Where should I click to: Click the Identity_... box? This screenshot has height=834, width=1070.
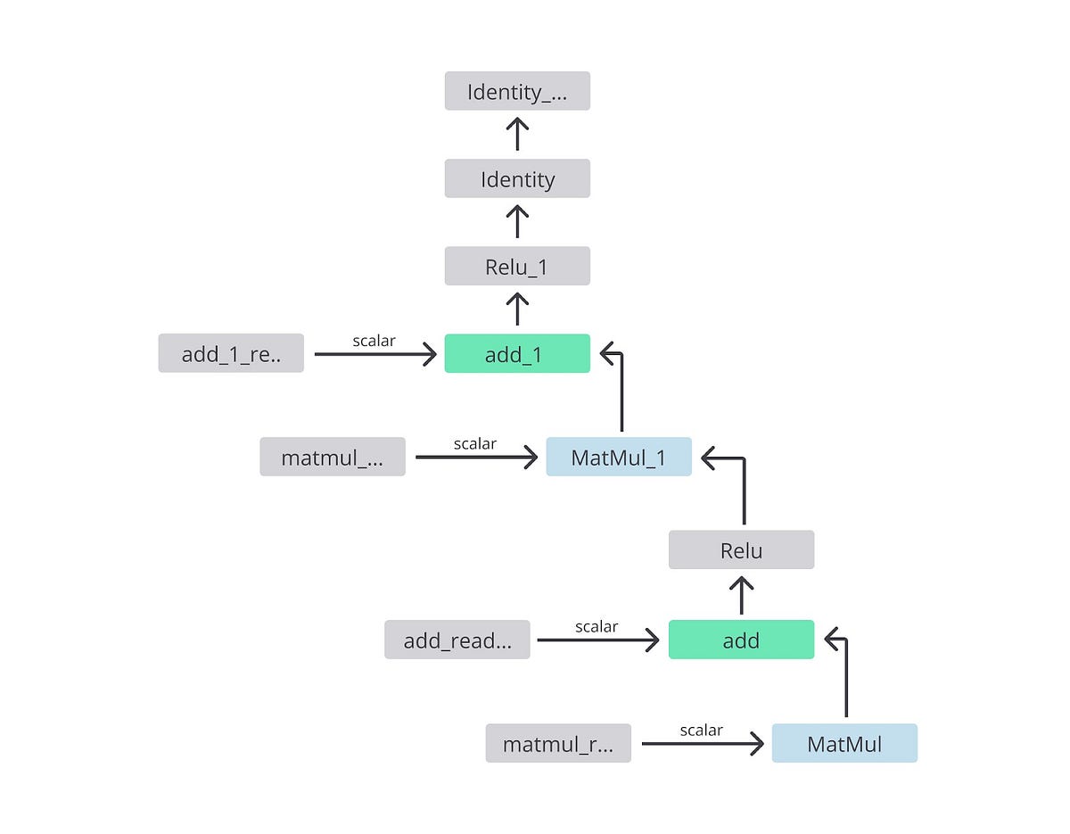[x=517, y=91]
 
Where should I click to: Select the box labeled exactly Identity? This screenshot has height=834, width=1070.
[x=517, y=178]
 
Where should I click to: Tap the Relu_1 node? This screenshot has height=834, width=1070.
[x=517, y=266]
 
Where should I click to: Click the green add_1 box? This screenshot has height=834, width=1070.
[x=517, y=353]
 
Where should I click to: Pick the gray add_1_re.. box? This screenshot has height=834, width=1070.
[x=231, y=353]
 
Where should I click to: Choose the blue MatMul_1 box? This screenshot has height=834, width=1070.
[x=619, y=457]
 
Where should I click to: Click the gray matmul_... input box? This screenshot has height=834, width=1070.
[x=333, y=457]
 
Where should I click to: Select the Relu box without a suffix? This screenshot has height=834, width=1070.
[x=741, y=549]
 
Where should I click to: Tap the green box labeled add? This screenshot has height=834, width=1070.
[x=741, y=640]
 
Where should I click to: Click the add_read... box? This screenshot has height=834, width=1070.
[x=457, y=640]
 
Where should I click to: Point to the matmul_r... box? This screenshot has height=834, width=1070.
[x=558, y=743]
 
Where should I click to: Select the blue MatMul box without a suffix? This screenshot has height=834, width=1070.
[x=844, y=743]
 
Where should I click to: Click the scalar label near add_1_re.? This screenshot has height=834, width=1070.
[x=374, y=340]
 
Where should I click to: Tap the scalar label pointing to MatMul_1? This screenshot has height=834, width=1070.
[x=475, y=443]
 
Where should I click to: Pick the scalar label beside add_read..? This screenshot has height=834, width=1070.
[x=597, y=626]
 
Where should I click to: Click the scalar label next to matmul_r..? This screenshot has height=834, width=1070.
[x=702, y=730]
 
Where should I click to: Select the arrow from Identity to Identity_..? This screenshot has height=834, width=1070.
[x=517, y=135]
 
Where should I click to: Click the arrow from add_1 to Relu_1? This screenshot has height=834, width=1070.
[x=517, y=310]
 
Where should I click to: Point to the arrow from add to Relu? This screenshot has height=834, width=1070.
[x=741, y=595]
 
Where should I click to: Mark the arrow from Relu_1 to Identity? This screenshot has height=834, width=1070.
[x=517, y=222]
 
